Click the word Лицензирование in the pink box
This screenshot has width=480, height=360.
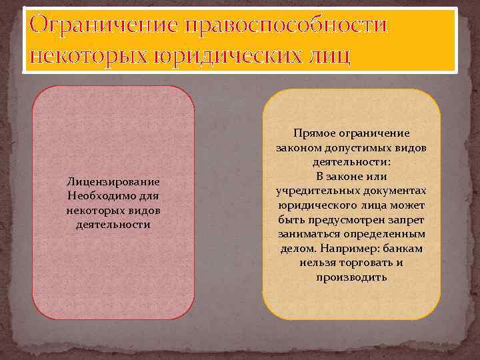pyautogui.click(x=113, y=181)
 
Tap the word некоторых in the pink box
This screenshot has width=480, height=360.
pyautogui.click(x=93, y=211)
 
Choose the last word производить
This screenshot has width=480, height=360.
pyautogui.click(x=351, y=277)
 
